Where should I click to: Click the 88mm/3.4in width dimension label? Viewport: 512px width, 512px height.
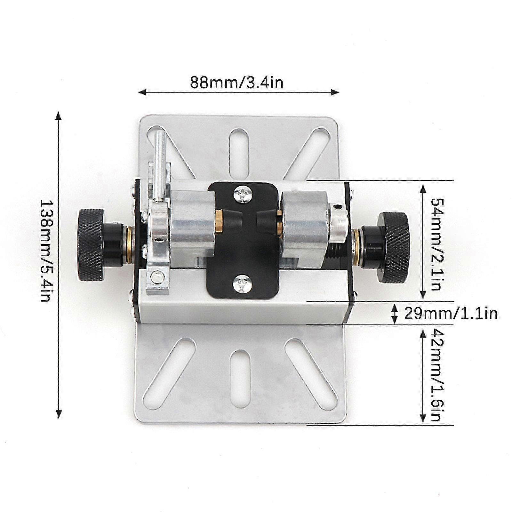pyautogui.click(x=237, y=83)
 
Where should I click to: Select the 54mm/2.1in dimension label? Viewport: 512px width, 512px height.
pyautogui.click(x=436, y=244)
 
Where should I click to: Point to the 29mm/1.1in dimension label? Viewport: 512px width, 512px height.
pyautogui.click(x=451, y=313)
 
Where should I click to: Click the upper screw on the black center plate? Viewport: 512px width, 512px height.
pyautogui.click(x=243, y=194)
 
